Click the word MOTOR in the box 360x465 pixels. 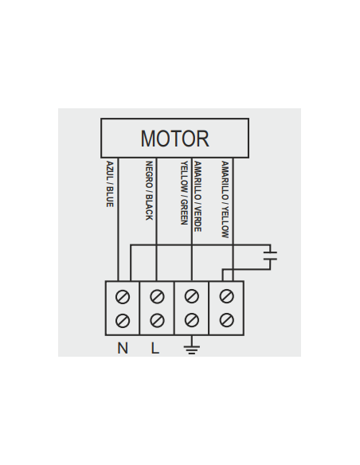174,139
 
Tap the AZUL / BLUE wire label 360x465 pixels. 110,184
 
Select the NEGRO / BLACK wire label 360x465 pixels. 149,190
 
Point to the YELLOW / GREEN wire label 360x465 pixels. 184,193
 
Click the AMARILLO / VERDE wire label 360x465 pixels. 198,197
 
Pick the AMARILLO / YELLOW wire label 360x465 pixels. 225,199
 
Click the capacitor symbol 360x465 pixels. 270,256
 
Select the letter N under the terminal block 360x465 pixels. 123,348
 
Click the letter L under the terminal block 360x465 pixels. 155,348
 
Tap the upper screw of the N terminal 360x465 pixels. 123,297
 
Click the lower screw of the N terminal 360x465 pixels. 123,321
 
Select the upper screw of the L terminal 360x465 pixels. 157,296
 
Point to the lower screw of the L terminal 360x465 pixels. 157,321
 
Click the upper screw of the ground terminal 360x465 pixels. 192,296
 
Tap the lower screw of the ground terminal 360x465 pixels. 192,320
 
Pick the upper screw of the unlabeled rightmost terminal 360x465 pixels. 226,296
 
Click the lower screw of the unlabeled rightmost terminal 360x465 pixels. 226,320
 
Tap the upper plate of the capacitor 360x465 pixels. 270,252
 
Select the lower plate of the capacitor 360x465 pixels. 270,260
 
